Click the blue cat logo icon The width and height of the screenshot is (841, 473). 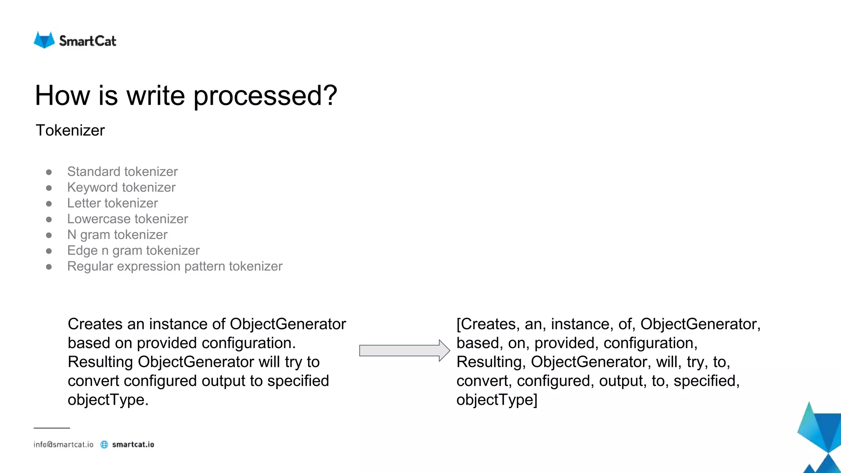click(44, 40)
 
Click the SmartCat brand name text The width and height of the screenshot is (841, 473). click(87, 41)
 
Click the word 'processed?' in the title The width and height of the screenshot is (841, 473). click(265, 96)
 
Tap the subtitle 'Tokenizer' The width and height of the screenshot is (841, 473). click(70, 131)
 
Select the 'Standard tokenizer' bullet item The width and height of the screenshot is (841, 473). click(122, 172)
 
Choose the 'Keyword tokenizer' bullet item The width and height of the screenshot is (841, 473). click(121, 187)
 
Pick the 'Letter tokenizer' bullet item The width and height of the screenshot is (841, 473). click(113, 203)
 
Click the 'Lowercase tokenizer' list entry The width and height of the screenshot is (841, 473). click(127, 219)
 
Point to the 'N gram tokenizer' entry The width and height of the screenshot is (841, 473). click(117, 235)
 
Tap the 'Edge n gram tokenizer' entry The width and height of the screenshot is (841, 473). click(133, 250)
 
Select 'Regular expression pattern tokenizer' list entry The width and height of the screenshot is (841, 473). click(175, 266)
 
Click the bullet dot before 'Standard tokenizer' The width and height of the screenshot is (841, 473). click(49, 172)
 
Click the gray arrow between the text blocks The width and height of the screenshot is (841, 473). click(404, 351)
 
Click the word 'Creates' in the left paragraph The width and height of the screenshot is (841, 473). click(95, 324)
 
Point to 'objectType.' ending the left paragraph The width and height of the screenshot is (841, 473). click(108, 400)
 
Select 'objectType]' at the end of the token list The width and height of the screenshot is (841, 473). click(496, 400)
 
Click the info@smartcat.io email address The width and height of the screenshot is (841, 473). click(64, 445)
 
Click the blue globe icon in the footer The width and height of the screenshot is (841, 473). click(104, 445)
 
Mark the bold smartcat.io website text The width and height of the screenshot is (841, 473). click(133, 445)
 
